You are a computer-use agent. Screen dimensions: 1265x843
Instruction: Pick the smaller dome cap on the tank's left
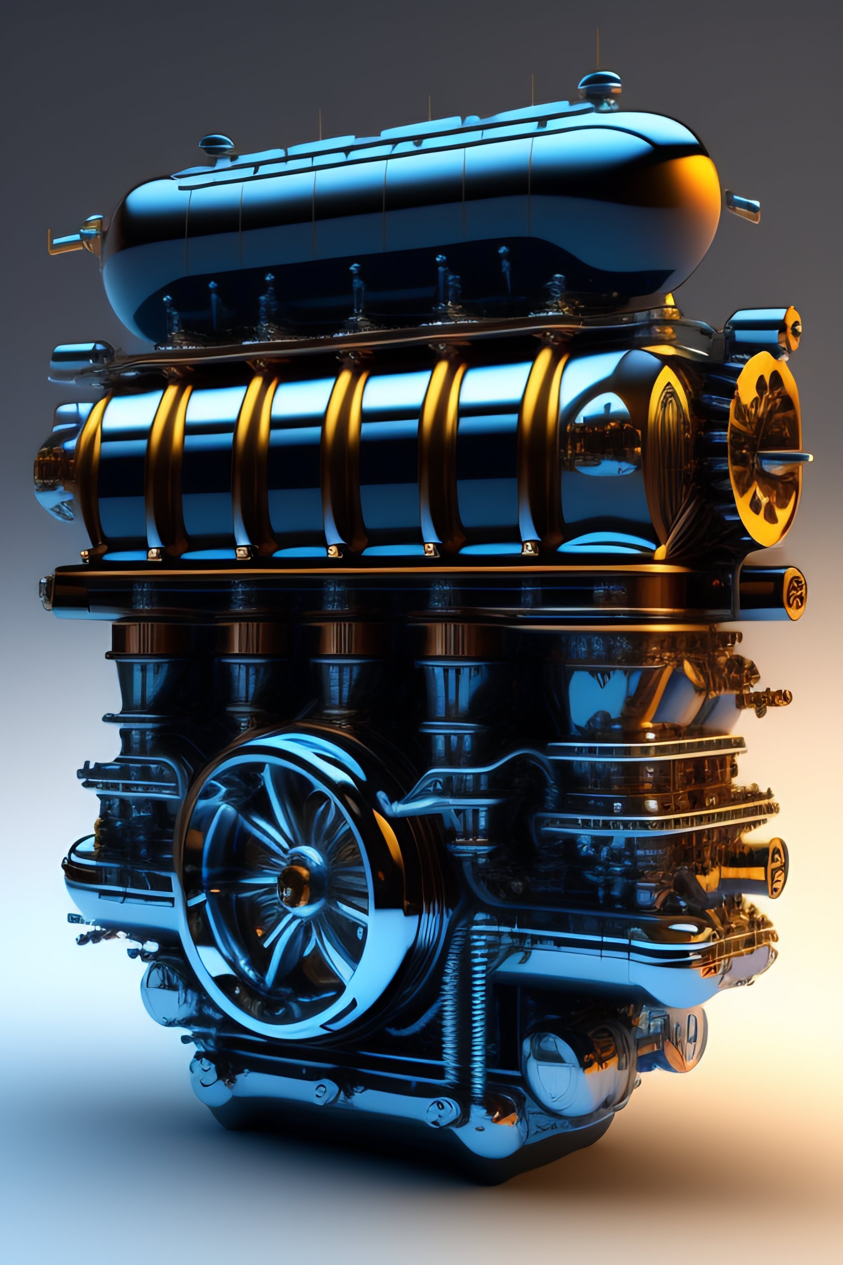216,144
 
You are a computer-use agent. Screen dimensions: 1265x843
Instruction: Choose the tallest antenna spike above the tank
597,49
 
